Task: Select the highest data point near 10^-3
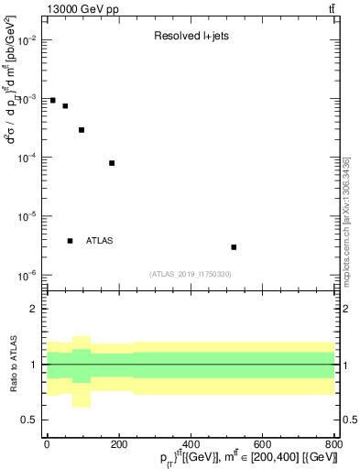coord(53,101)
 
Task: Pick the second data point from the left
coord(65,106)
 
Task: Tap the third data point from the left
coord(82,130)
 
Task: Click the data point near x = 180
coord(112,163)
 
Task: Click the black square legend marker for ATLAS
coord(71,241)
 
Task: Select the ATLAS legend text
coord(100,241)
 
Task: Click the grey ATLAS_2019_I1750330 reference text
coord(190,274)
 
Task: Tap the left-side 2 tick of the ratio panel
coord(36,310)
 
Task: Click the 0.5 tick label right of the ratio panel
coord(349,420)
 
